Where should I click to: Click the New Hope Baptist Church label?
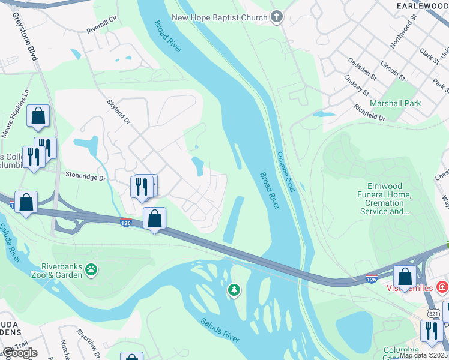pos(219,18)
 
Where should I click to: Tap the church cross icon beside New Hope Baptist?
pos(277,17)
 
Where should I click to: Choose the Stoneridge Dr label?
pos(85,178)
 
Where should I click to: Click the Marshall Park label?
pos(395,103)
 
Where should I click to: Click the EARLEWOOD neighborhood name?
pos(423,5)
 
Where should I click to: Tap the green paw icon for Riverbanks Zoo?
pos(91,270)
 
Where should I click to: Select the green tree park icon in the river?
pos(234,291)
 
